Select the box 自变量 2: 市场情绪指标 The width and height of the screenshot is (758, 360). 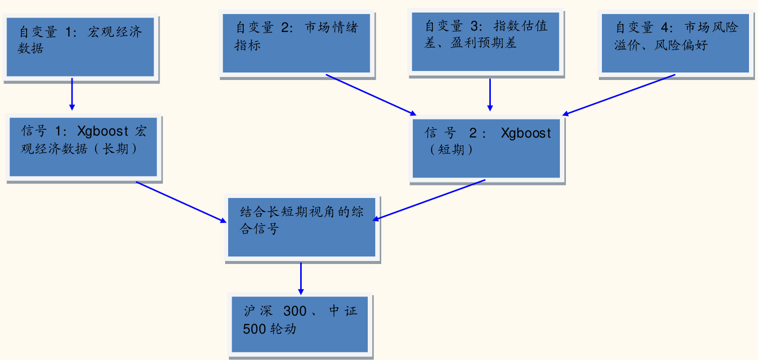[296, 44]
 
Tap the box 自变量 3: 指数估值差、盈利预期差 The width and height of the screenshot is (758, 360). [485, 42]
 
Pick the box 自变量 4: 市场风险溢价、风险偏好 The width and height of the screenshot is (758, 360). [675, 44]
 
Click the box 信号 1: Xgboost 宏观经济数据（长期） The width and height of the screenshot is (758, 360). [83, 147]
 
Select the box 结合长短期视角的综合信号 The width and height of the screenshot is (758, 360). [302, 227]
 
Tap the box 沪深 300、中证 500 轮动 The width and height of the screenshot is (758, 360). [300, 324]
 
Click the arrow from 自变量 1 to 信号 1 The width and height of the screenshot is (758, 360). [72, 93]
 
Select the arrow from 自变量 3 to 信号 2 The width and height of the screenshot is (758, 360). [490, 94]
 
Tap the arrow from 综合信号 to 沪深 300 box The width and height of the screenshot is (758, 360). [301, 278]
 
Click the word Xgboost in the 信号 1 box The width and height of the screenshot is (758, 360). [103, 131]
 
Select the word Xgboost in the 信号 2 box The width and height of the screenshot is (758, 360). [526, 133]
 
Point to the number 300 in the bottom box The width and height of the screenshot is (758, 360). [295, 311]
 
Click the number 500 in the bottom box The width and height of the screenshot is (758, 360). [254, 329]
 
